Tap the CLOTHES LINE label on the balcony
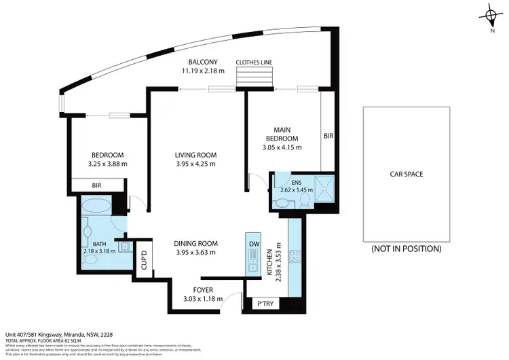click(254, 62)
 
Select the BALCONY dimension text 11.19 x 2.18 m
click(203, 70)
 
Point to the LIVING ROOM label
click(195, 155)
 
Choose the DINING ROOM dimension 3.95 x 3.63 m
click(195, 252)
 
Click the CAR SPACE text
click(406, 175)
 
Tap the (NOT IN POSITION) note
click(406, 249)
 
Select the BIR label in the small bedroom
click(96, 185)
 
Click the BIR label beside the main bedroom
click(328, 137)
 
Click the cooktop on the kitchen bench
click(296, 257)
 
